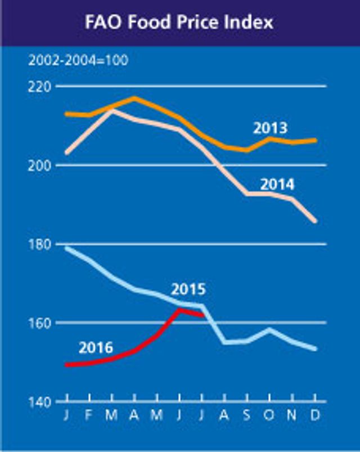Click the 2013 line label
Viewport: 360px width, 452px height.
pyautogui.click(x=269, y=128)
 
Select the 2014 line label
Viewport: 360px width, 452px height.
pyautogui.click(x=277, y=184)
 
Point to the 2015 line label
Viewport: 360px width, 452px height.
pyautogui.click(x=188, y=290)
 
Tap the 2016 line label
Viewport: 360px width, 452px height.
pyautogui.click(x=96, y=347)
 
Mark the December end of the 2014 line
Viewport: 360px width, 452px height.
pyautogui.click(x=315, y=221)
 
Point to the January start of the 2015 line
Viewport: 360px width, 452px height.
pyautogui.click(x=67, y=248)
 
